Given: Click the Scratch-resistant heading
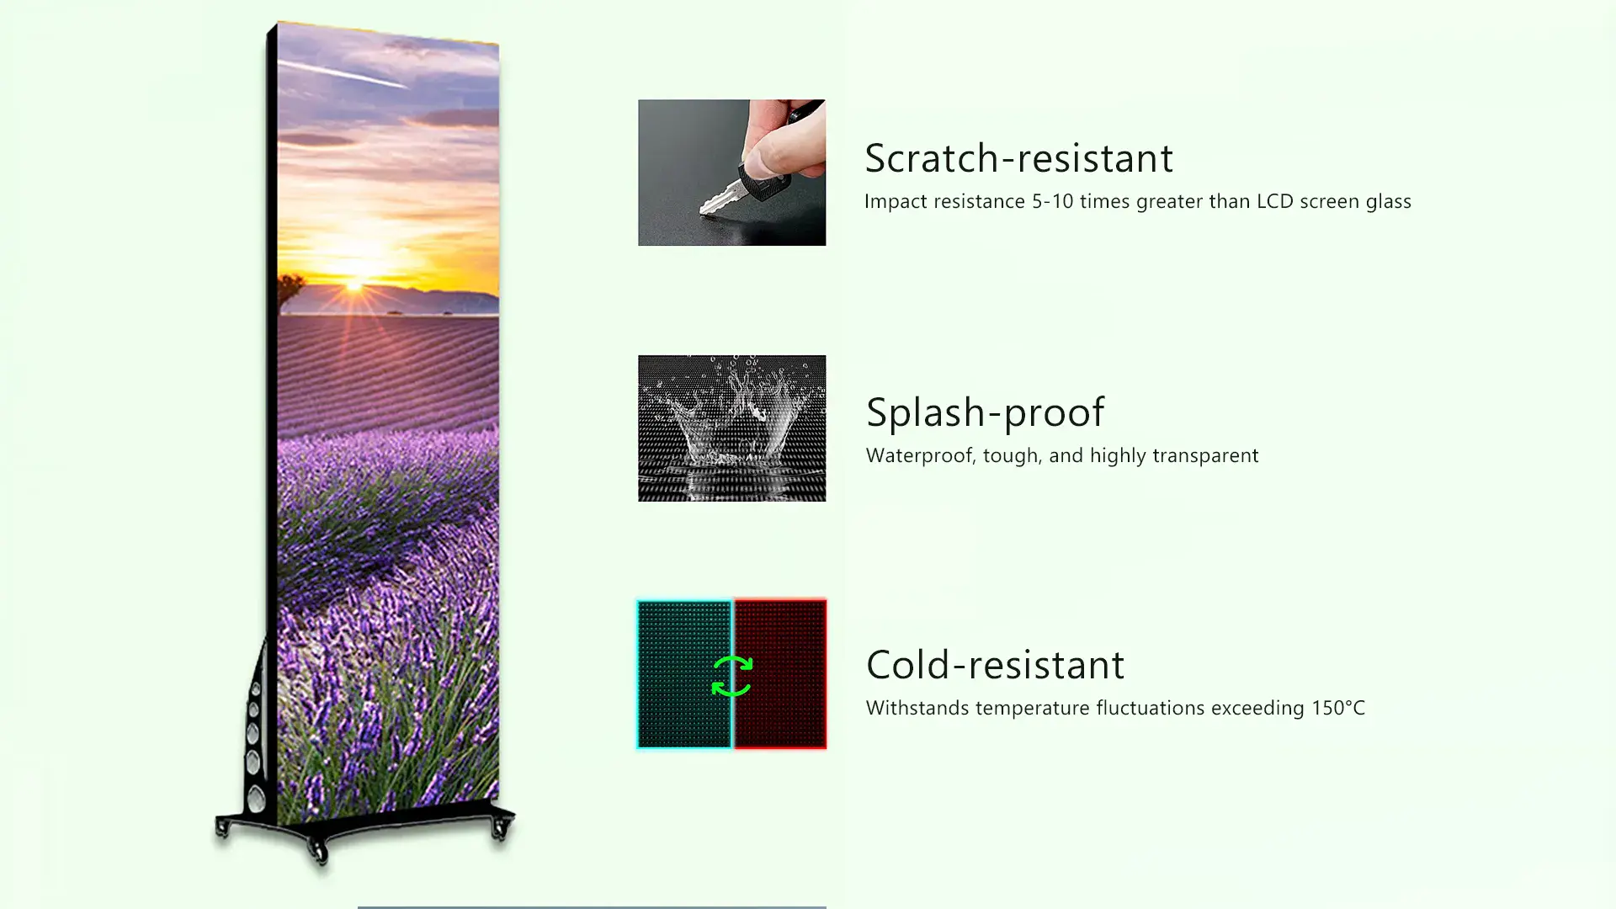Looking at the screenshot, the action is pos(1018,158).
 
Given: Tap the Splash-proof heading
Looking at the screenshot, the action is pos(985,412).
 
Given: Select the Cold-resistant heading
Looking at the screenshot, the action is pos(995,665).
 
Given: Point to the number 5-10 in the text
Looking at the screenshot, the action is pos(1052,201).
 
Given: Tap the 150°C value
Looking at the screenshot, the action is pos(1338,708).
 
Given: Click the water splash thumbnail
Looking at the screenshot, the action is pos(731,428).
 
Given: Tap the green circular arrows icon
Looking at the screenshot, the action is pos(731,676).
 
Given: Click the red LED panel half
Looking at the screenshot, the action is pos(780,674).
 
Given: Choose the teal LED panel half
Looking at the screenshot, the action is pos(684,674).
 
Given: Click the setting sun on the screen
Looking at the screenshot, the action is pos(354,284).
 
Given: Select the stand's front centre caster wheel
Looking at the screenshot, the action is pos(319,852).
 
